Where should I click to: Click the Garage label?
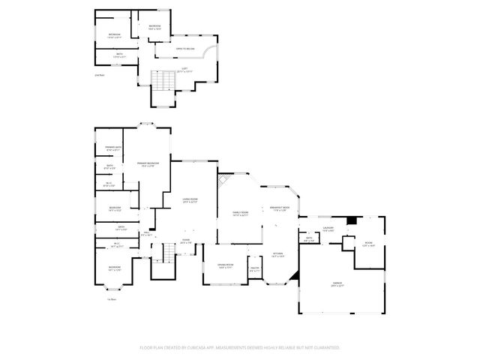[x=337, y=283]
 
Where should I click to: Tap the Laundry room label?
[x=328, y=228]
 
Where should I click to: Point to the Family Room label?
[x=240, y=214]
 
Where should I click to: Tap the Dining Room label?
[x=226, y=266]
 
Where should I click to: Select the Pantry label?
[x=254, y=269]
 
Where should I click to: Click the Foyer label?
[x=184, y=241]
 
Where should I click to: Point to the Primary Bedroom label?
[x=148, y=164]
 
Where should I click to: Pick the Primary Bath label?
[x=113, y=148]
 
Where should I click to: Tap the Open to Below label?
[x=185, y=49]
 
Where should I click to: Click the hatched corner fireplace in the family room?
[x=223, y=181]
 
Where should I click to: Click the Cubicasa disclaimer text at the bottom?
[x=240, y=348]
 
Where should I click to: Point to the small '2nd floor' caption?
[x=99, y=76]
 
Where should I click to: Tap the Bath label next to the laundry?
[x=309, y=240]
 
